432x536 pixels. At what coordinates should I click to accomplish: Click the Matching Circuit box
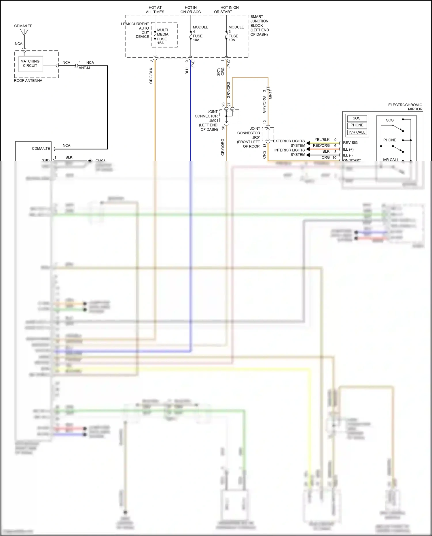pos(30,64)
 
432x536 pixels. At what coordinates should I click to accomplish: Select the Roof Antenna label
pos(28,81)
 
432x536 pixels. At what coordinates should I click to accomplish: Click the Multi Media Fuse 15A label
pos(163,37)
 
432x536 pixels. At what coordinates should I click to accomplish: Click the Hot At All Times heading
pos(155,10)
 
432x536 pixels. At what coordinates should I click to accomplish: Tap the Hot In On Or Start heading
pos(226,10)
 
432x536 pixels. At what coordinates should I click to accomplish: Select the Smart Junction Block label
pos(259,26)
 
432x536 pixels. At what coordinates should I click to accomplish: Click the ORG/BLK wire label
pos(151,76)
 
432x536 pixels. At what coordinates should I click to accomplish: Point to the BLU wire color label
pos(187,71)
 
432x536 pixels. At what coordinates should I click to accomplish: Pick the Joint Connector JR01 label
pos(249,137)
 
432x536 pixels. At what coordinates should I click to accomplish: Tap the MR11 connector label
pos(270,94)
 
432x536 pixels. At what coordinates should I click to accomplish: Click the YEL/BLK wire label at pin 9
pos(322,140)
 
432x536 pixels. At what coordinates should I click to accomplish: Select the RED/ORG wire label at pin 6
pos(321,146)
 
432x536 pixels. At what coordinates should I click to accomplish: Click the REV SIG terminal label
pos(350,143)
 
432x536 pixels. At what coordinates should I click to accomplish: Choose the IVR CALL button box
pos(357,132)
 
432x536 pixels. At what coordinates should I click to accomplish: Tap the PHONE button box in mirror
pos(357,125)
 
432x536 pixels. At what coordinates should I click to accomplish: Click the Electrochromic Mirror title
pos(405,107)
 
